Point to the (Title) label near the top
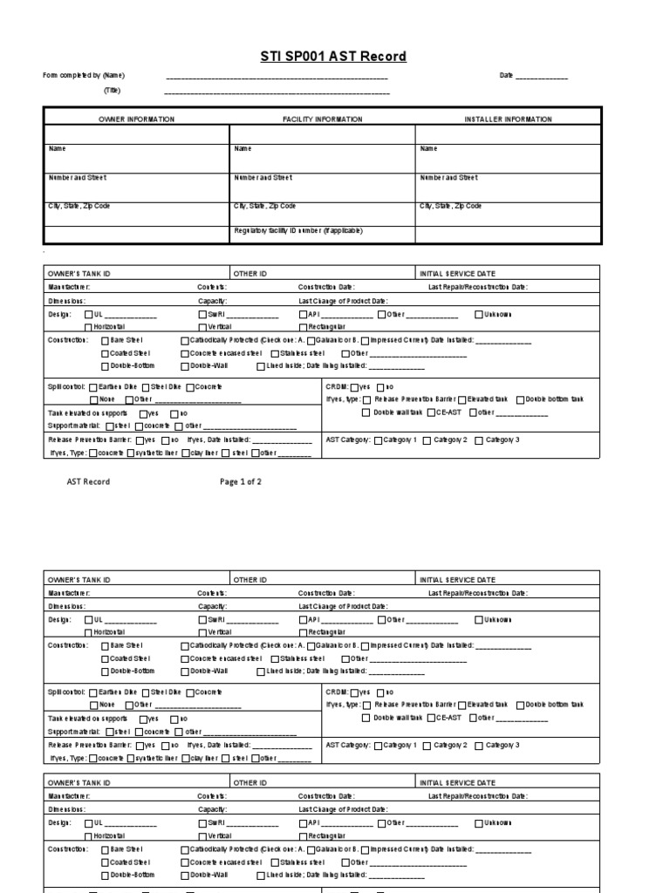coord(113,90)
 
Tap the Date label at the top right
coord(506,76)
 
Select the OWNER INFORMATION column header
coord(136,119)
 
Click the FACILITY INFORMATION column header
coord(322,119)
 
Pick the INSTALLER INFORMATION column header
coord(508,119)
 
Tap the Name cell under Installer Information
coord(428,149)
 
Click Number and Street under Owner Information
coord(77,178)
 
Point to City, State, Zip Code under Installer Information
coord(450,207)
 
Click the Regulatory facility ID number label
coord(298,231)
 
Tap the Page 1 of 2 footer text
coord(241,481)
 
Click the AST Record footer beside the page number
coord(89,481)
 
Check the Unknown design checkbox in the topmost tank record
coord(479,314)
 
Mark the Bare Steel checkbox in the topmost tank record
coord(106,340)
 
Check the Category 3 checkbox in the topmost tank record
coord(479,440)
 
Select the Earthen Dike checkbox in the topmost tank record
coord(93,386)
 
